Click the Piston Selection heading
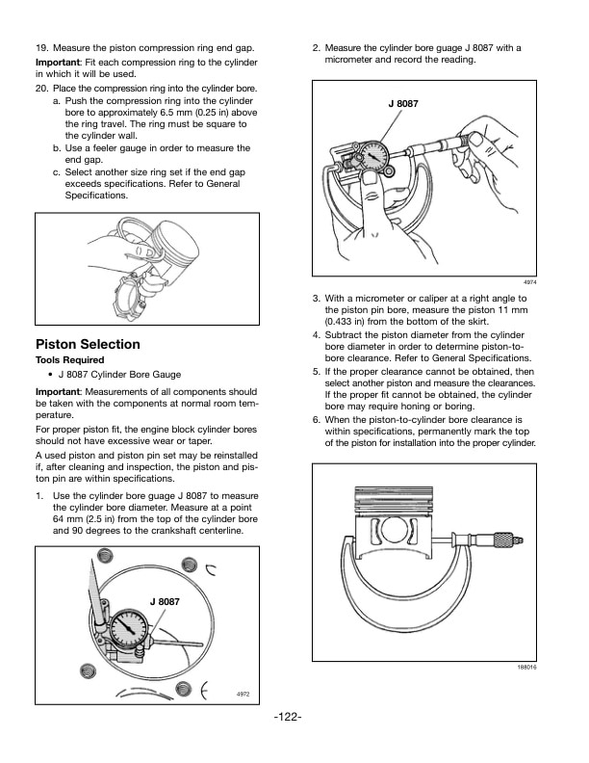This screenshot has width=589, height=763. pos(88,345)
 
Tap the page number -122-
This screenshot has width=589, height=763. pos(289,718)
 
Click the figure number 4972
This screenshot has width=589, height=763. pos(244,695)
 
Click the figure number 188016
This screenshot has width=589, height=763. pos(525,667)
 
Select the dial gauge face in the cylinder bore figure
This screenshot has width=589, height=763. pos(127,632)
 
